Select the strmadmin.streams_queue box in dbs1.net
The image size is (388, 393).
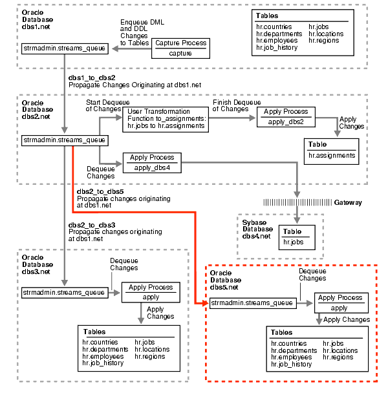[64, 48]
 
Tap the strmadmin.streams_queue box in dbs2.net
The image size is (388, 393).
[64, 140]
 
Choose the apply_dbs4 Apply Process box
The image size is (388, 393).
[152, 162]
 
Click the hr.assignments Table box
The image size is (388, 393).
[332, 150]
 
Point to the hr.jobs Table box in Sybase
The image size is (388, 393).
[293, 237]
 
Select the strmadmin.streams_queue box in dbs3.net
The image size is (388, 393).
[64, 292]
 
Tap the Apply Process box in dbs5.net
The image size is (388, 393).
[341, 303]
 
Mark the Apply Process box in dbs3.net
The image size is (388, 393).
[151, 292]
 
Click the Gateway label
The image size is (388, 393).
[348, 202]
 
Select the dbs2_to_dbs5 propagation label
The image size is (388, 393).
[96, 192]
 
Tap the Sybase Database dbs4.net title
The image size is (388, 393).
[257, 229]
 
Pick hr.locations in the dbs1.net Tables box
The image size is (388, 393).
[326, 33]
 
